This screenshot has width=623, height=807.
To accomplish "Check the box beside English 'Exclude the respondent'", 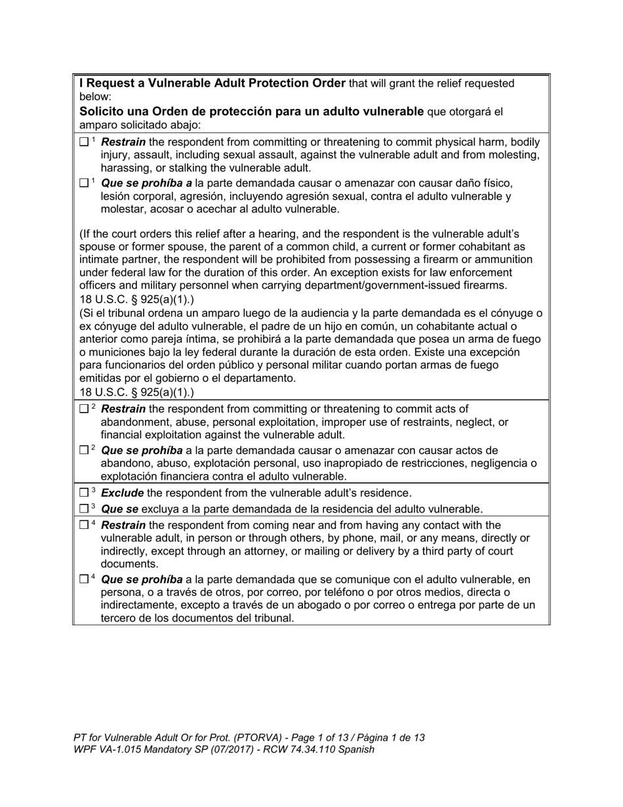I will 83,493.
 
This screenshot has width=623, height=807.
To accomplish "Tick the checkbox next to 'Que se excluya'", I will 83,508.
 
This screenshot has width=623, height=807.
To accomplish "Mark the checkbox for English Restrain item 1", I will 83,142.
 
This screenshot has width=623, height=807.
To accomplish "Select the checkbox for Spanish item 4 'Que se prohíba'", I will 83,579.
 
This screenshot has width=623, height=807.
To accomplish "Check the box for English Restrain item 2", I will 83,409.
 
